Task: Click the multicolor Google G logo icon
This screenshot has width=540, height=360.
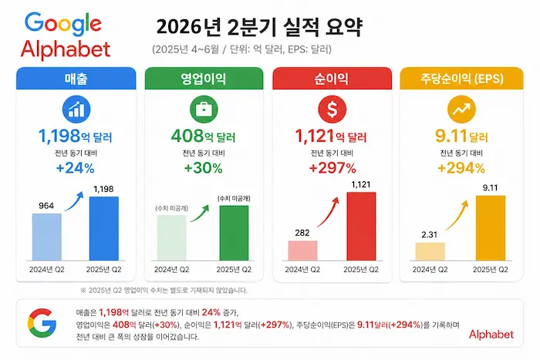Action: (x=42, y=323)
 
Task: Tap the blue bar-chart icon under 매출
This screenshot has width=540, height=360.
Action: (x=76, y=109)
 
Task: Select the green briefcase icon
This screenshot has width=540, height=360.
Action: (x=204, y=109)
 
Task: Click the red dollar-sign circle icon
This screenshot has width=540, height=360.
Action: (x=332, y=109)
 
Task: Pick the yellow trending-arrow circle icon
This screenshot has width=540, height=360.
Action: (x=461, y=109)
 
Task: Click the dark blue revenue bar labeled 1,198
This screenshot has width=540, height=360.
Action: (x=104, y=228)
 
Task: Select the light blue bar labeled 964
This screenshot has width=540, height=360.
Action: (x=47, y=237)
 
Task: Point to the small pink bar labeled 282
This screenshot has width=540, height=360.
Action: (x=302, y=251)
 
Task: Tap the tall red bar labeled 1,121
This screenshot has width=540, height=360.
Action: (x=361, y=226)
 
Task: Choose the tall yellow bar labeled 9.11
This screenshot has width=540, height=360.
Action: (x=491, y=228)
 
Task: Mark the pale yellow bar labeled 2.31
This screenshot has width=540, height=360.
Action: (x=430, y=251)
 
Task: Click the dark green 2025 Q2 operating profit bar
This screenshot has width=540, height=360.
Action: (x=235, y=233)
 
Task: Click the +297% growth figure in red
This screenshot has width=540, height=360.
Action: (x=332, y=168)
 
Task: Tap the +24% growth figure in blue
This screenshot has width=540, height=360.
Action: (x=75, y=168)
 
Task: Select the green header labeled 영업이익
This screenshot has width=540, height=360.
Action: (x=204, y=79)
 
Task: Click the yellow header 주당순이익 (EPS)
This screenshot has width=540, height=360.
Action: (x=461, y=79)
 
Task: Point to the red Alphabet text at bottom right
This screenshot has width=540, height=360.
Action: (x=491, y=335)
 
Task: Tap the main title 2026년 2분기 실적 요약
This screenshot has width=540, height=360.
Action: (x=259, y=28)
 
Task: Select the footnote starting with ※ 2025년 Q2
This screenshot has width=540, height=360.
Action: (x=164, y=290)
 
